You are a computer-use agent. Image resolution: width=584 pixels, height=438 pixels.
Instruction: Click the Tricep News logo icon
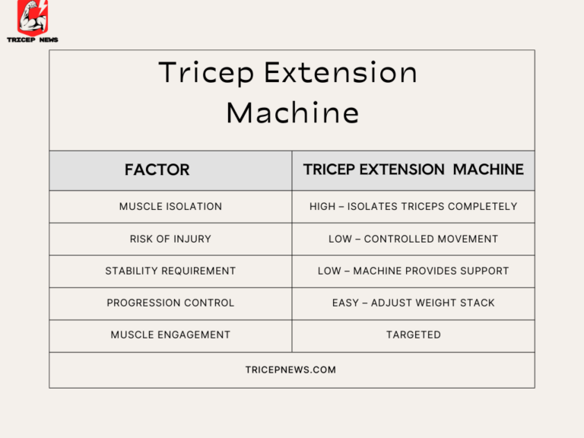32,17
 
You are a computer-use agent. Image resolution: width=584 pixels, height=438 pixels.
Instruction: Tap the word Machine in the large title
292,113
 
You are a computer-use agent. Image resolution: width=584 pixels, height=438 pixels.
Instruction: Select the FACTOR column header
157,170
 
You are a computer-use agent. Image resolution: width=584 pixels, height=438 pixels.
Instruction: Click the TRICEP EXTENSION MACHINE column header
413,170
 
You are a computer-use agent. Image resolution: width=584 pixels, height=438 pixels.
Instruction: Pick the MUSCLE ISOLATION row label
170,207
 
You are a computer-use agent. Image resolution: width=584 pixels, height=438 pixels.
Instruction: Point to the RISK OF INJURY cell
170,239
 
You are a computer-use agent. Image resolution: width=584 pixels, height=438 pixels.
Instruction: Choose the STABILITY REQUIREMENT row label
170,271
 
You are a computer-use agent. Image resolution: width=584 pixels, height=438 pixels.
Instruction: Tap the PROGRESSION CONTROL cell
170,303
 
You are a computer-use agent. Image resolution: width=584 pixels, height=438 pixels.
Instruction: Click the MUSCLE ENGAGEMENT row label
170,335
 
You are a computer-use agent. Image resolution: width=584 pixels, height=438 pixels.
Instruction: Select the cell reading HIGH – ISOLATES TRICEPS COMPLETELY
413,207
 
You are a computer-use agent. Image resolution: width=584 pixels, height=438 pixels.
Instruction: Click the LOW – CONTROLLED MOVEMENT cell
413,239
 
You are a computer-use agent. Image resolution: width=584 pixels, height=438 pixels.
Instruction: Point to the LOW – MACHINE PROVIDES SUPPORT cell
413,271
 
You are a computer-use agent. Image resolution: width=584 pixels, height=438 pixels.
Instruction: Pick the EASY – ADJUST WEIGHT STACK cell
413,303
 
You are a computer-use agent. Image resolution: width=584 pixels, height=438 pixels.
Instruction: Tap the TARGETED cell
413,335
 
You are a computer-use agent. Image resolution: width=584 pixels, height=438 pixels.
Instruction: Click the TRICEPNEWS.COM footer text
290,370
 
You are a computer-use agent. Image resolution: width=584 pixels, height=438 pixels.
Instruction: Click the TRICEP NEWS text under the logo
33,40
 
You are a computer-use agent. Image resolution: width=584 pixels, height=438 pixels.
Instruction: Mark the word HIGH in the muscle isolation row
322,207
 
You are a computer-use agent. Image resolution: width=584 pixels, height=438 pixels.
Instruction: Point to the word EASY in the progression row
345,303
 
